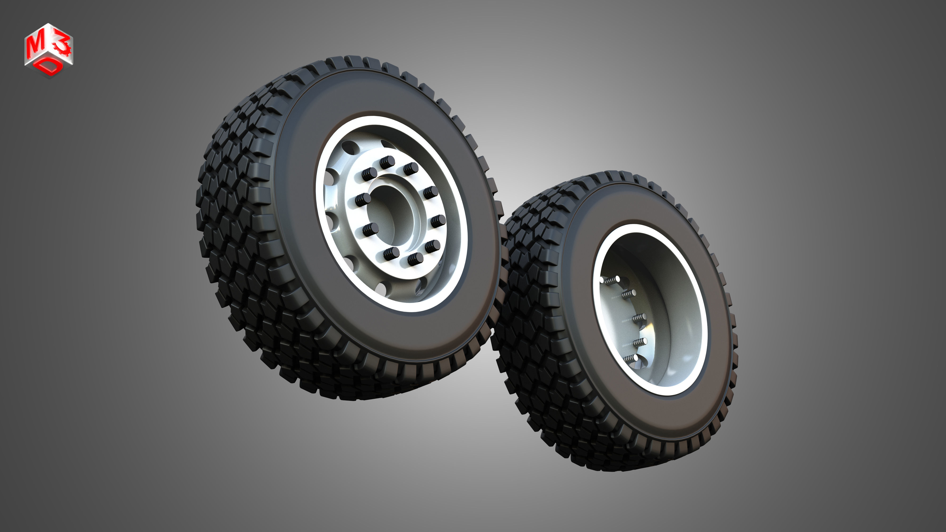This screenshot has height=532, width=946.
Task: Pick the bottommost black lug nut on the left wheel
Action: pos(415,258)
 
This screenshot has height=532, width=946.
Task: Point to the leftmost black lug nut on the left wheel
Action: pos(363,200)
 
